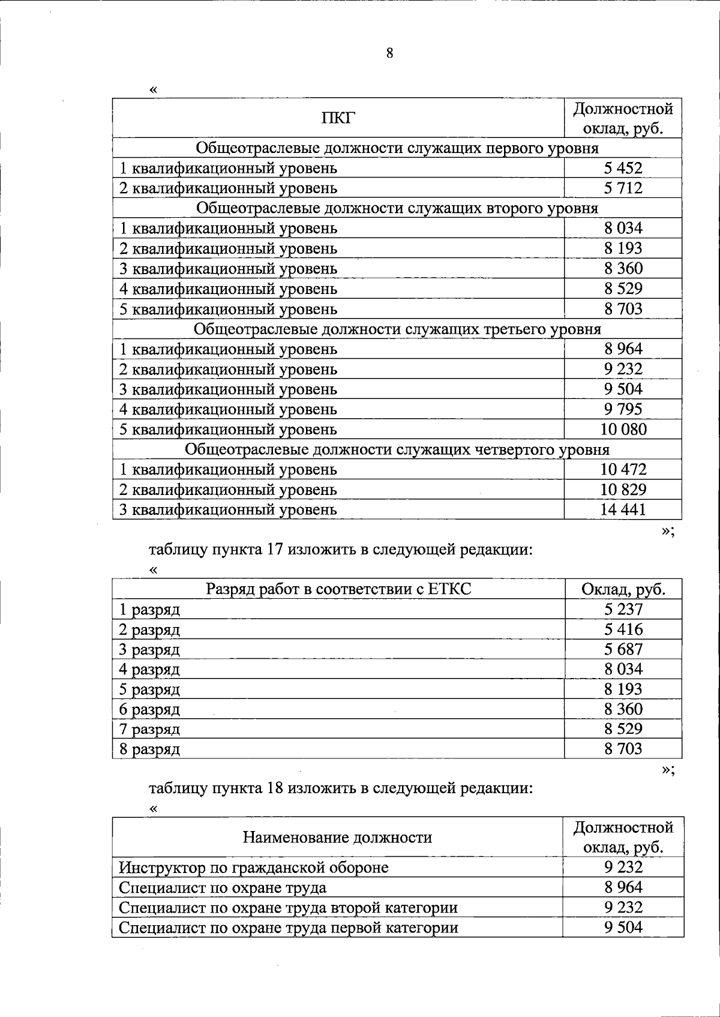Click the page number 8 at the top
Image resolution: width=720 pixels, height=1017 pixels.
[x=389, y=53]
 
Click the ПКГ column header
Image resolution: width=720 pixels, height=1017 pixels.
[x=338, y=118]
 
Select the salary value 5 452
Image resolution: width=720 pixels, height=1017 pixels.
[x=623, y=168]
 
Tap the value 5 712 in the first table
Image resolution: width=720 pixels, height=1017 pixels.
[x=623, y=188]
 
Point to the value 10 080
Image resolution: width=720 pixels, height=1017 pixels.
[x=623, y=429]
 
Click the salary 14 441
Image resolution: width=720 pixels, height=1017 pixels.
[x=623, y=509]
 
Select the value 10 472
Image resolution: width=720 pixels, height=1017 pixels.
[x=623, y=469]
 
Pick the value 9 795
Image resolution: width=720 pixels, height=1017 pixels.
[x=623, y=409]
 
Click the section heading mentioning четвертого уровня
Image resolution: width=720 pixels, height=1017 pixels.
[x=397, y=449]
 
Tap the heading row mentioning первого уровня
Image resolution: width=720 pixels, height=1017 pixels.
[x=397, y=148]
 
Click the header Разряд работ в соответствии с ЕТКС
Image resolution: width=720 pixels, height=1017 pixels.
[x=338, y=589]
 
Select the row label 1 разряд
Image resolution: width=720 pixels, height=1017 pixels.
[x=149, y=610]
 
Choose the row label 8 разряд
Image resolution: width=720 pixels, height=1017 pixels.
[x=149, y=749]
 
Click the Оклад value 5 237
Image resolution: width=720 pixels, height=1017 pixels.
[x=623, y=610]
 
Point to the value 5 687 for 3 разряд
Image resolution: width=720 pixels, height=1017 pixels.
[x=623, y=649]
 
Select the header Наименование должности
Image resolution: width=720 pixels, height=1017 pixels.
[x=337, y=837]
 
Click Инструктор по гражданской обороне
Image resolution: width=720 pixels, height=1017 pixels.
[x=253, y=868]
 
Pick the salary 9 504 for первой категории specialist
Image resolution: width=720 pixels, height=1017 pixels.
[x=623, y=928]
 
